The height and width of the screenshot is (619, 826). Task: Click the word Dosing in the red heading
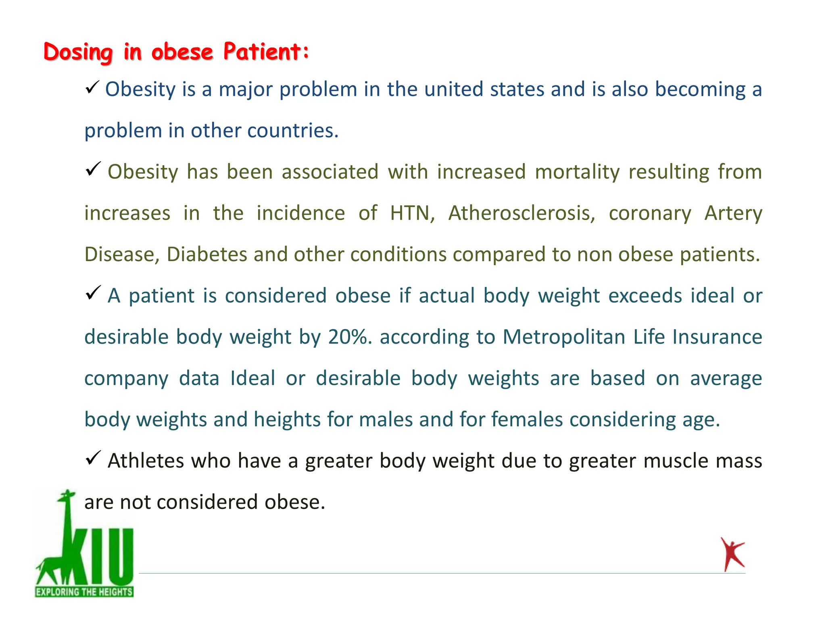(78, 52)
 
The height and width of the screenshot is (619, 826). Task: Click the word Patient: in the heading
(266, 52)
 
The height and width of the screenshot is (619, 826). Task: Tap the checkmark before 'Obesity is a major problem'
(92, 87)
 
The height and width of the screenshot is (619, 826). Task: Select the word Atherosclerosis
(521, 213)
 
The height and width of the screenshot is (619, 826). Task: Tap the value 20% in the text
(350, 337)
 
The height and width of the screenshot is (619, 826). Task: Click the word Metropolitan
(564, 337)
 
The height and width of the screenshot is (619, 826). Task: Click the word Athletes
(146, 461)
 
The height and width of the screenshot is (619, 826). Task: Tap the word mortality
(577, 172)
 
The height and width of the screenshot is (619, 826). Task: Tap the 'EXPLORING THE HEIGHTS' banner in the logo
(84, 592)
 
